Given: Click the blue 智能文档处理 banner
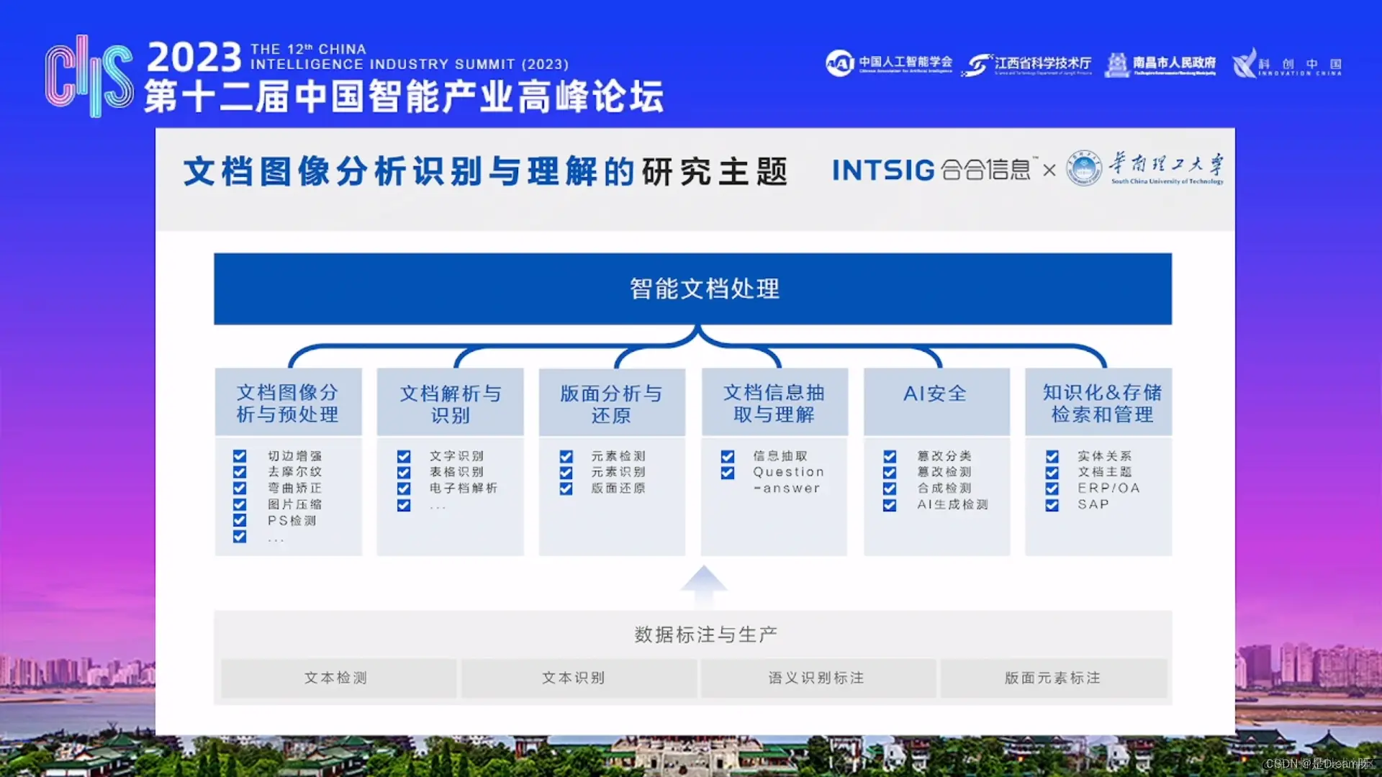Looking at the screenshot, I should (692, 288).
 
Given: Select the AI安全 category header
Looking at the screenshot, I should (936, 401).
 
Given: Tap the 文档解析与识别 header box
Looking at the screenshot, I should (450, 402).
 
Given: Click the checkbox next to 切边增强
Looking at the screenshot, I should (240, 456).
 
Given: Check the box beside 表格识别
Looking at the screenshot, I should (404, 473).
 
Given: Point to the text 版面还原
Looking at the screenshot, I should (618, 489).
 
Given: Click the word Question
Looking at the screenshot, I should (788, 472).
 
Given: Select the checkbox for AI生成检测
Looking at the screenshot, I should (890, 505).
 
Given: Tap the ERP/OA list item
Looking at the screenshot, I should (1108, 489).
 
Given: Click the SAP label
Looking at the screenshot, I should (1093, 505).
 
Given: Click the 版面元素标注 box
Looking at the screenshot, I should (1053, 678).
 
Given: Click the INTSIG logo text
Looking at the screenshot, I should (883, 171).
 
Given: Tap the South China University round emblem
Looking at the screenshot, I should (1083, 168).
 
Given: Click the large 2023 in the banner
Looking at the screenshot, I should (194, 58).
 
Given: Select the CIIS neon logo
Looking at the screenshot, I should (89, 76).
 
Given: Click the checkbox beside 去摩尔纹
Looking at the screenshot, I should (240, 472).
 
